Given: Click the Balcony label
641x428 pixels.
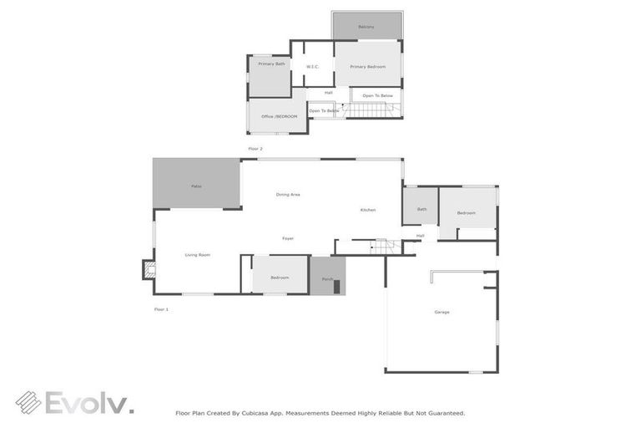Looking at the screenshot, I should tap(366, 27).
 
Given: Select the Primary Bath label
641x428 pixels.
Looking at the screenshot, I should tap(271, 64).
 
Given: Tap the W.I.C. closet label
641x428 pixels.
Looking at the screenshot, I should tap(312, 67).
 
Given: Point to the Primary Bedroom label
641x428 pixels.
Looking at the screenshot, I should tap(367, 67).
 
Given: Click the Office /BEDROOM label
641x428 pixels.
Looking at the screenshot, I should tap(279, 116).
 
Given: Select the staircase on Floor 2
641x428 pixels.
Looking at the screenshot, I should tap(369, 110).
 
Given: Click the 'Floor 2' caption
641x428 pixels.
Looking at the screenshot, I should tap(255, 149).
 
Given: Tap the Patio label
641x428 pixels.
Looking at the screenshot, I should tap(196, 186).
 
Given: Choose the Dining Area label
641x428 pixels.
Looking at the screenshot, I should tap(288, 194).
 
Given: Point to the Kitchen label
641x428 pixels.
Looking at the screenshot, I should tap(368, 210).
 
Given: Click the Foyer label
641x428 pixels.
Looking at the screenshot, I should tap(287, 238).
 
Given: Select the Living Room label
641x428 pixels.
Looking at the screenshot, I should tap(197, 254).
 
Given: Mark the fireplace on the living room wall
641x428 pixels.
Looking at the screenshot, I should tap(149, 269).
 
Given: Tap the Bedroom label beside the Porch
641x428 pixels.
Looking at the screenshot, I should tap(280, 278).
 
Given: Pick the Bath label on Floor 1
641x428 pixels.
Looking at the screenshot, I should tap(421, 209).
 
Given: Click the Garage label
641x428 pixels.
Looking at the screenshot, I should tap(442, 312).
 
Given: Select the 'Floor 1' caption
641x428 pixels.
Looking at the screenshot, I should tap(161, 309).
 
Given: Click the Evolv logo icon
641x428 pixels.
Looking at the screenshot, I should tap(28, 403).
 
